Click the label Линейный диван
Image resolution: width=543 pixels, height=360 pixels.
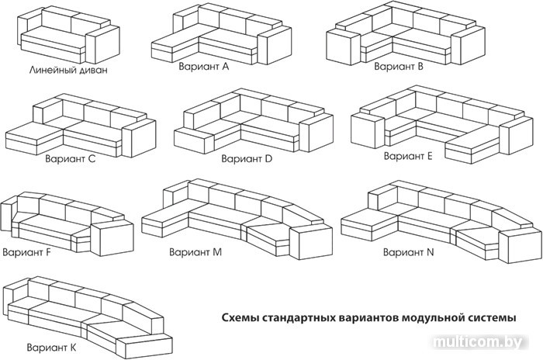tap(67, 70)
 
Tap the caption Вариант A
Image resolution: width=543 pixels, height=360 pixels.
tap(203, 67)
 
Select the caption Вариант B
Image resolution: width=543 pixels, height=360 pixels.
tap(399, 67)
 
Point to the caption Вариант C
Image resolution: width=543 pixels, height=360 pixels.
tap(71, 159)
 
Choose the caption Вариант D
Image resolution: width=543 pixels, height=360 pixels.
tap(247, 158)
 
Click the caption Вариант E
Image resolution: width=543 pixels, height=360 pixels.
tap(409, 155)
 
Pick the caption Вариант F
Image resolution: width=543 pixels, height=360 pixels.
tap(28, 252)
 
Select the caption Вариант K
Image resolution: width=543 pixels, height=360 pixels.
tap(51, 346)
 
